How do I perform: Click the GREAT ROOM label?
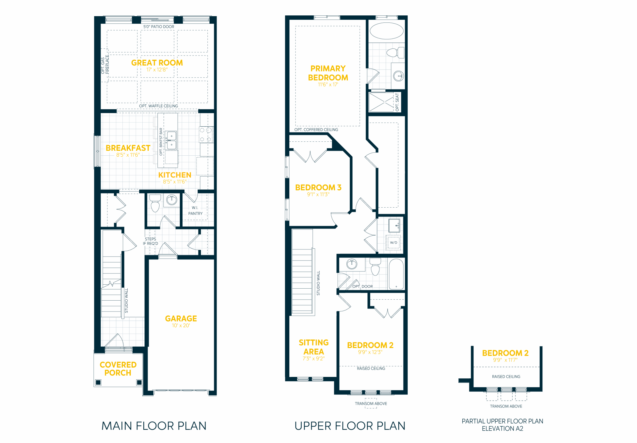point(157,63)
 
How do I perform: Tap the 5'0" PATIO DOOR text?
point(159,27)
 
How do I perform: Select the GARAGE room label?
point(181,318)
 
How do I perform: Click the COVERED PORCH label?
point(118,369)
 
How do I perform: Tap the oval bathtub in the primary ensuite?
point(387,31)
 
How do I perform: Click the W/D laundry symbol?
point(393,243)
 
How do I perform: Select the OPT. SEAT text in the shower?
point(397,102)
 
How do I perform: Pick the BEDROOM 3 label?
point(318,188)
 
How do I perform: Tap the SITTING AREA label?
point(314,347)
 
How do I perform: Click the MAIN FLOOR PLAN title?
point(154,426)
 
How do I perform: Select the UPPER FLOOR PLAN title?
point(350,426)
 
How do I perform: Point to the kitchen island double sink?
point(171,140)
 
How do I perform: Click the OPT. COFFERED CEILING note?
point(316,130)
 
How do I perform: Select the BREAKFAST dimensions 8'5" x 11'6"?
point(128,155)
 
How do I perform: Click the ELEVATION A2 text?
point(502,429)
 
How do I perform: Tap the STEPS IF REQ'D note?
point(150,241)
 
